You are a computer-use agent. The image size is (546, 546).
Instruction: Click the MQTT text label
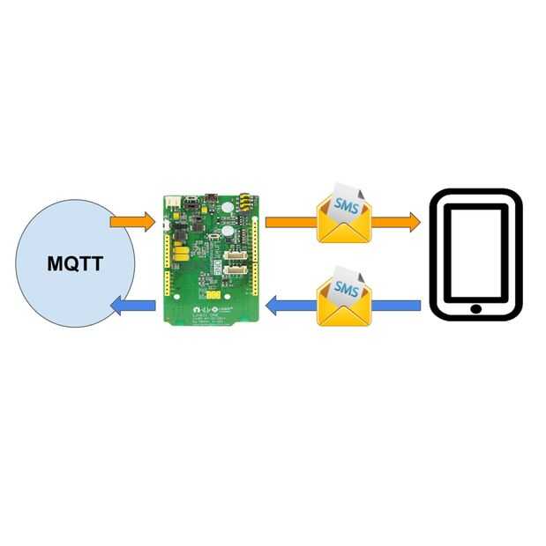click(76, 262)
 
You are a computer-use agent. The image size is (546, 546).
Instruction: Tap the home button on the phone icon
click(476, 309)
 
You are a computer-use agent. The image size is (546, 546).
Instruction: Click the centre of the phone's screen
click(476, 254)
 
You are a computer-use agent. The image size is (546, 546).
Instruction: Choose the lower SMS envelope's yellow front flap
click(345, 314)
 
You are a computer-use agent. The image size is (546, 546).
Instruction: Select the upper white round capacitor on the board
click(228, 209)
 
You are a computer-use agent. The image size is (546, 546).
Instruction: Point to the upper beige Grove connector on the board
click(233, 256)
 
